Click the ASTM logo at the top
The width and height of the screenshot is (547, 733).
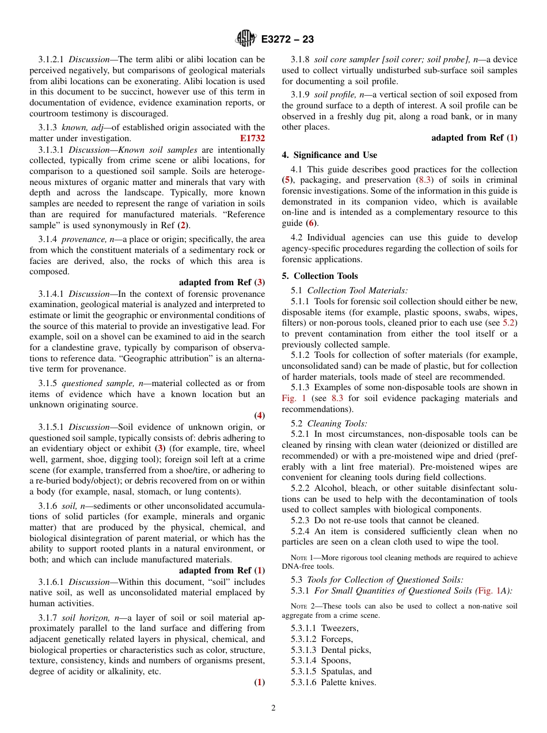[246, 39]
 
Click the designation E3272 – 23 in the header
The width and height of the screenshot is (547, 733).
[287, 40]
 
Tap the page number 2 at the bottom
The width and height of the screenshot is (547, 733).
[273, 708]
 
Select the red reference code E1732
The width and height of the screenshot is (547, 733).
[252, 138]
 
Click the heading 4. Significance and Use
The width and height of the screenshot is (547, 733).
[329, 155]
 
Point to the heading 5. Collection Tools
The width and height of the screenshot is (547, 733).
[320, 276]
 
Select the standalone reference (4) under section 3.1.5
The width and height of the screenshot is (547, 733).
[259, 415]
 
